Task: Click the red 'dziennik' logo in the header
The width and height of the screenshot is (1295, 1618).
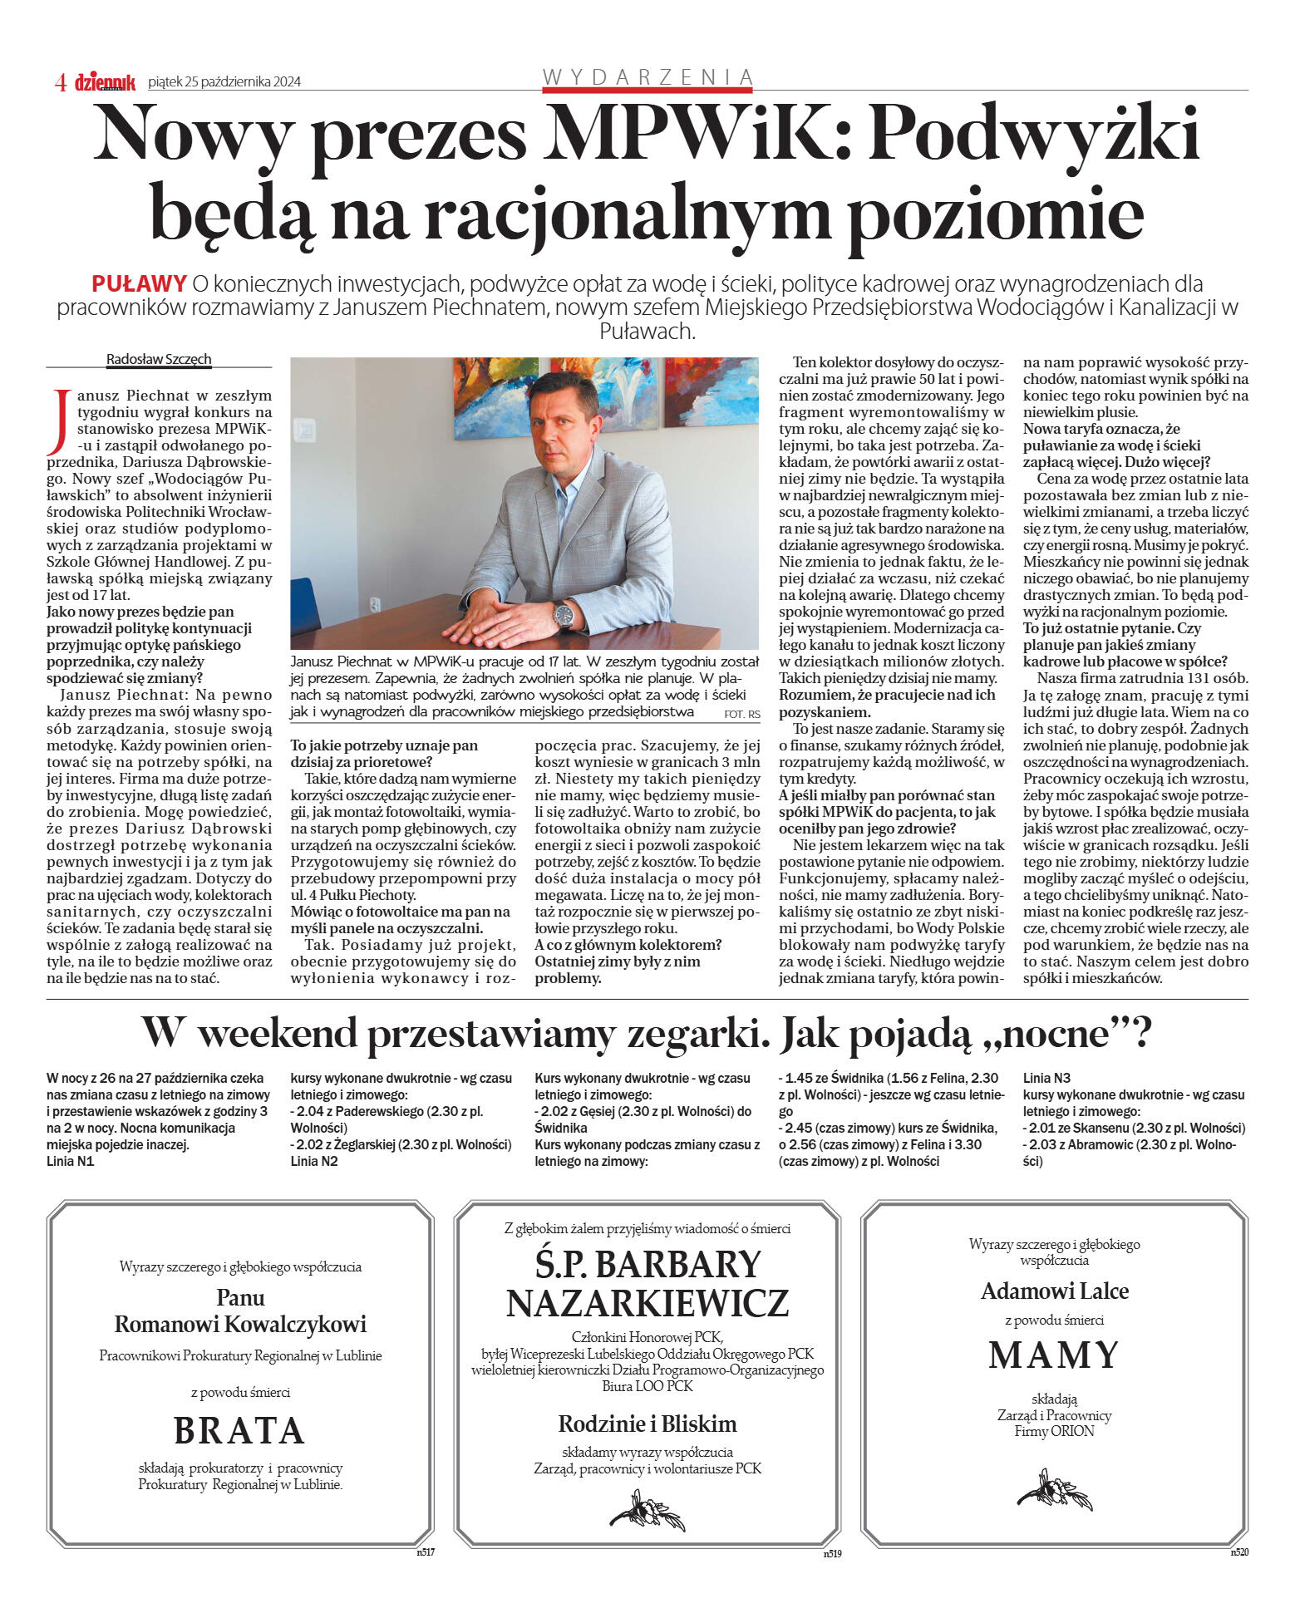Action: tap(105, 81)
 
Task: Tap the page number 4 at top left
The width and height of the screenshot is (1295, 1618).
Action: tap(60, 81)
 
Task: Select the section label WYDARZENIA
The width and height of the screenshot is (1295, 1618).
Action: tap(647, 77)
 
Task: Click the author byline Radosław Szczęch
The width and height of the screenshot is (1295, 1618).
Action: tap(159, 359)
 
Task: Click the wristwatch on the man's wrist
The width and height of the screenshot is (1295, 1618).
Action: tap(564, 615)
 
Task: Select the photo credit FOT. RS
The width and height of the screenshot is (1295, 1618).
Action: tap(741, 714)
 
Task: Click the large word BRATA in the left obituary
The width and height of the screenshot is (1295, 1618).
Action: tap(239, 1430)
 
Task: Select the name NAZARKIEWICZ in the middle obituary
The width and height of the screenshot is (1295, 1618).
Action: tap(647, 1303)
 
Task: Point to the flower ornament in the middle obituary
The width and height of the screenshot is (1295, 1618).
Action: tap(647, 1510)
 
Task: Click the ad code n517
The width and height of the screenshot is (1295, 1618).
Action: tap(425, 1551)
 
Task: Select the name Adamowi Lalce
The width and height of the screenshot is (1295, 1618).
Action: tap(1054, 1291)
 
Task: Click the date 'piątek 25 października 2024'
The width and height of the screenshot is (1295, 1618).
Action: tap(224, 81)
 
